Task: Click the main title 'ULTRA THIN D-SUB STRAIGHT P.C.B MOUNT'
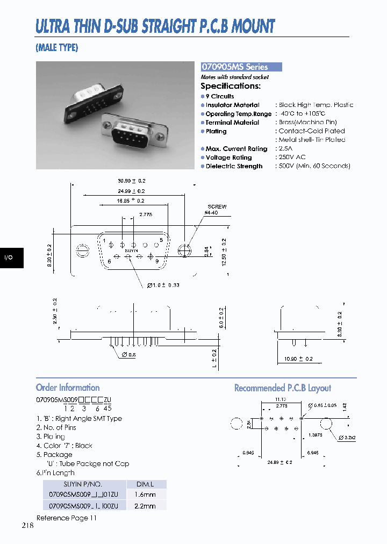coord(155,26)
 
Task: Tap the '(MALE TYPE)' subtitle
coord(57,48)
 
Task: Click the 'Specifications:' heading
coord(231,86)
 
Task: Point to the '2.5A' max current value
coord(286,148)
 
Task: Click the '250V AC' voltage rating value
coord(292,157)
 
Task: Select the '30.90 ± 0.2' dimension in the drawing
coord(132,181)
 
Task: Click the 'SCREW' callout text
coord(217,206)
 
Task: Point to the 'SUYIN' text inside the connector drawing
coord(131,250)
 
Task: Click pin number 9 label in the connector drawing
coord(157,261)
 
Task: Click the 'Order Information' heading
coord(68,388)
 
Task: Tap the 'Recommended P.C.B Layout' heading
coord(282,388)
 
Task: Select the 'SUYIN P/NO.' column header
coord(83,484)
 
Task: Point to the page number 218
coord(28,526)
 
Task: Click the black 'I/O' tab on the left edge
coord(9,258)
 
